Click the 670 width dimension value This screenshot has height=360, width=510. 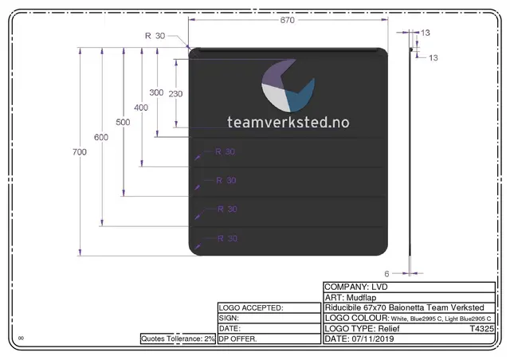[288, 21]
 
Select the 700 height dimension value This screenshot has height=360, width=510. [79, 152]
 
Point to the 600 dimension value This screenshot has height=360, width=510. [101, 137]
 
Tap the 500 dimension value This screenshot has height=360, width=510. [123, 122]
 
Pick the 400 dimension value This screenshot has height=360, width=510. [141, 108]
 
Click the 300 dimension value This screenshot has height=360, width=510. [156, 92]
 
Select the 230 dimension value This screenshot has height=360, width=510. [175, 94]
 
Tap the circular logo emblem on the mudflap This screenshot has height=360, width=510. [288, 87]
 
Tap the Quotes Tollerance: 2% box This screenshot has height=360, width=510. [178, 338]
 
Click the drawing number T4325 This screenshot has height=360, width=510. [482, 328]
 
